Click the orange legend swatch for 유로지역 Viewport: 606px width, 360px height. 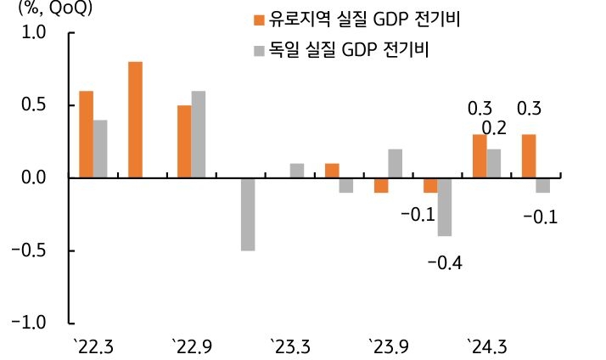[x=258, y=19]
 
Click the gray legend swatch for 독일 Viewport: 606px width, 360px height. [x=258, y=49]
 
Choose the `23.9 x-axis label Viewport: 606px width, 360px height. [x=389, y=347]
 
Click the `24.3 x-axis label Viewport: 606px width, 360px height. [x=487, y=347]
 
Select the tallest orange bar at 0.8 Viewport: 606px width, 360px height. [x=135, y=120]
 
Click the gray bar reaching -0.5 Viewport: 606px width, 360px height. [x=248, y=214]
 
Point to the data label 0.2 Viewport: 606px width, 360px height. [x=494, y=129]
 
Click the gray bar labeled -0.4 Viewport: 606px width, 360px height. [x=445, y=206]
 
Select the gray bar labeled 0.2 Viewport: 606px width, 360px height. [x=494, y=163]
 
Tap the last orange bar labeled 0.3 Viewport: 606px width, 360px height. [x=529, y=156]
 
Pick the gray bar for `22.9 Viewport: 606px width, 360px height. [x=199, y=134]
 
